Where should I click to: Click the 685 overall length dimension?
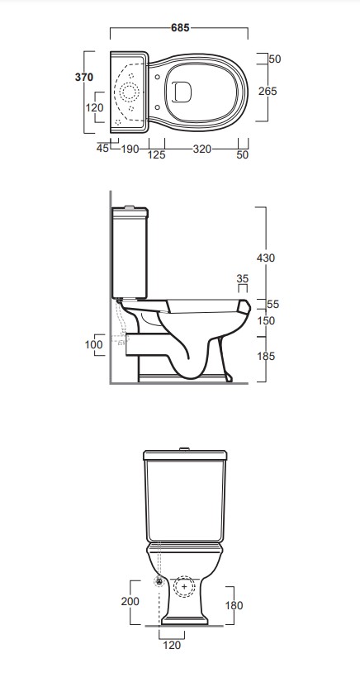point(180,27)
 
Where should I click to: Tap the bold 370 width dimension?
point(84,78)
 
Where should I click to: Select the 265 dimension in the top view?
point(268,91)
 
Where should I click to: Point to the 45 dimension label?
point(102,149)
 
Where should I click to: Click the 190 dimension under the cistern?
point(130,149)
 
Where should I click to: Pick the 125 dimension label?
point(157,154)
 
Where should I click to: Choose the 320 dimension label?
point(202,149)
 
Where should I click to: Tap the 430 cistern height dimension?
point(266,258)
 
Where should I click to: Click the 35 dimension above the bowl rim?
point(243,278)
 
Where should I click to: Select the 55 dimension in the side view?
point(272,305)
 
